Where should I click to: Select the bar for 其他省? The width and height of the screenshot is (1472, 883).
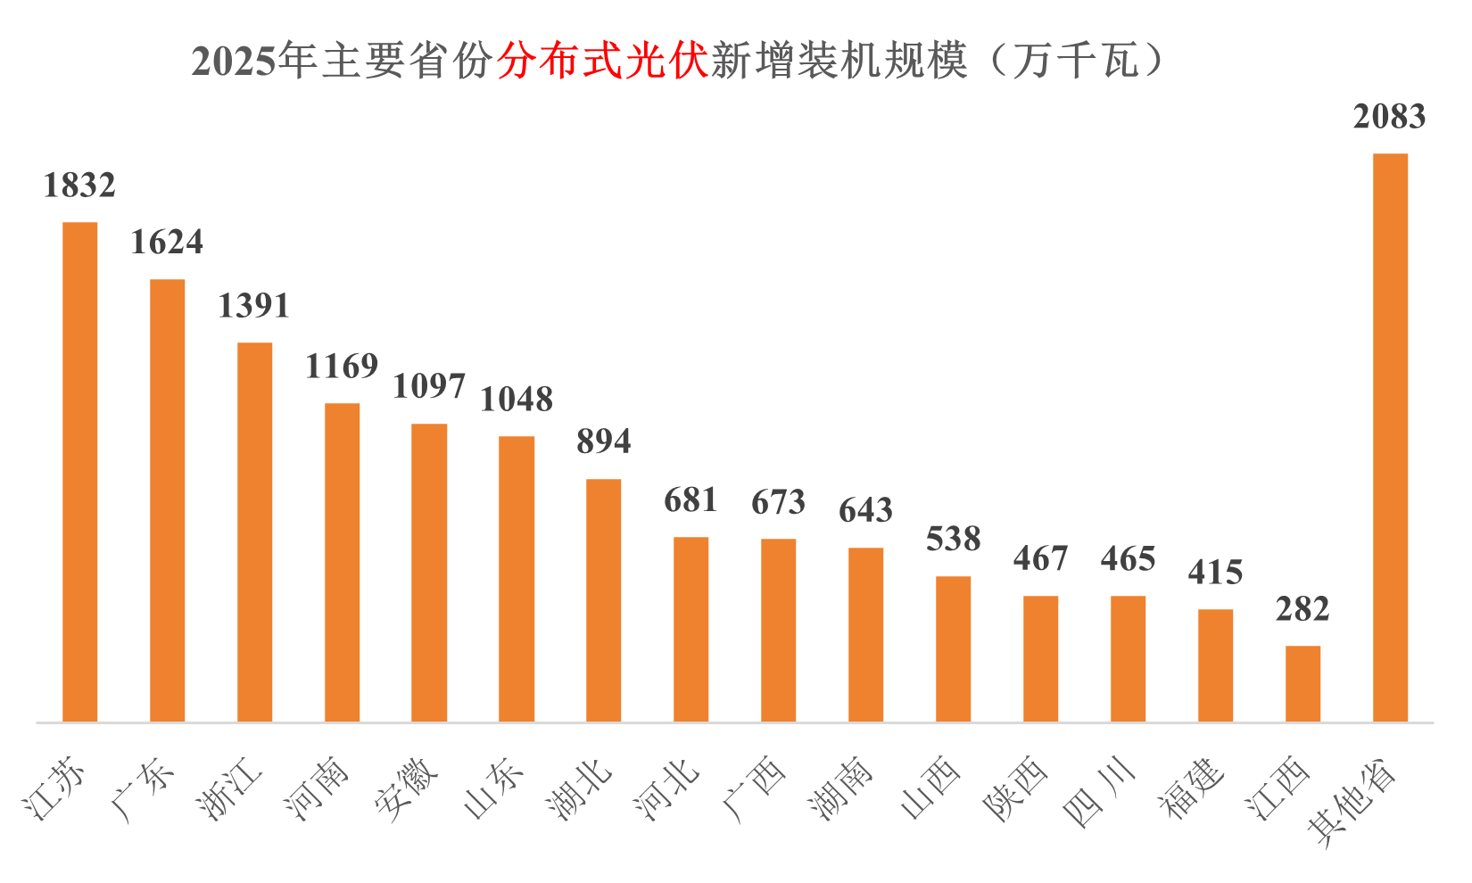(1390, 437)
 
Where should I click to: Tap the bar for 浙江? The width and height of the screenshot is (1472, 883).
(254, 532)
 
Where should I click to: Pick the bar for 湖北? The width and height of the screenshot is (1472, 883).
(603, 599)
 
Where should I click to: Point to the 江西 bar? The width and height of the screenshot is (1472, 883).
(1302, 683)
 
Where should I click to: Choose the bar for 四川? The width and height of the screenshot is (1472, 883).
(1128, 658)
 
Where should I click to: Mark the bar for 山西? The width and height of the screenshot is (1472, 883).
(953, 648)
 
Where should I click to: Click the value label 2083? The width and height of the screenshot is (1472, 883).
(1389, 117)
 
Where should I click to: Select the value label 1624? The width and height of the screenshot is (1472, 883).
(167, 243)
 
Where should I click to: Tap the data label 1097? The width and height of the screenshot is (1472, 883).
(429, 386)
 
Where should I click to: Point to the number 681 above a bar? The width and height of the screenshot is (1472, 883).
(691, 500)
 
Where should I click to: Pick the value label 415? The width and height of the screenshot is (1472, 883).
(1215, 573)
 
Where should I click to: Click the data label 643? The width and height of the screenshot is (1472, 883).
(865, 510)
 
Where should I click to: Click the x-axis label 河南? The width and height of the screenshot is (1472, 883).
(317, 789)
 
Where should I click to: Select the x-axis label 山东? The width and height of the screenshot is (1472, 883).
(493, 789)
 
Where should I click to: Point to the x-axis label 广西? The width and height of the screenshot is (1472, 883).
(755, 789)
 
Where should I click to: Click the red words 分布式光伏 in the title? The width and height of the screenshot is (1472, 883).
(602, 62)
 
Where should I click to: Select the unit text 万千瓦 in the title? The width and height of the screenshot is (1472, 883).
(1076, 62)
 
